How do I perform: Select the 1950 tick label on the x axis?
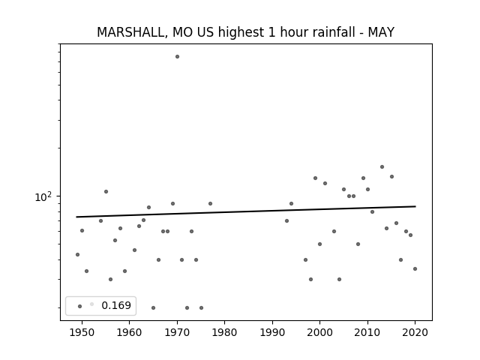[82, 332]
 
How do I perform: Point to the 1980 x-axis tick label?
[225, 332]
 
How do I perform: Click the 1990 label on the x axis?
[272, 332]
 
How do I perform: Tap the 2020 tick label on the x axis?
[415, 332]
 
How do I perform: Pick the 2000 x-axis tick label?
[320, 332]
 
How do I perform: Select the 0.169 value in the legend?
[116, 305]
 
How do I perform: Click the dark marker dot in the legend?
[80, 306]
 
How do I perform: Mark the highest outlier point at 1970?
[177, 57]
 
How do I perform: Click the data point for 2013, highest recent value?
[382, 166]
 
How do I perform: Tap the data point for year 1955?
[106, 192]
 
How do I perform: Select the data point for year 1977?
[210, 203]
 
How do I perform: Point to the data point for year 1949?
[77, 255]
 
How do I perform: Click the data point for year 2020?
[415, 268]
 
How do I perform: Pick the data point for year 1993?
[286, 220]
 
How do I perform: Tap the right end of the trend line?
[415, 206]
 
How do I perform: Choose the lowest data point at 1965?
[153, 307]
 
